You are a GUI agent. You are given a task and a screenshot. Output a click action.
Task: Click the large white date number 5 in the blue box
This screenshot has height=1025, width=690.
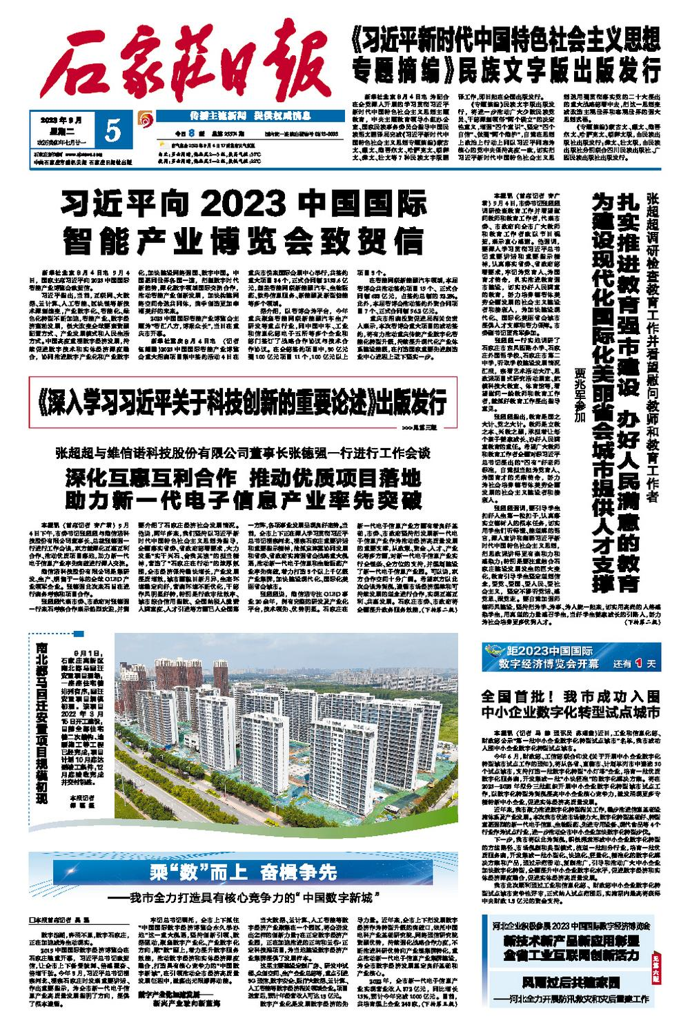[x=114, y=129]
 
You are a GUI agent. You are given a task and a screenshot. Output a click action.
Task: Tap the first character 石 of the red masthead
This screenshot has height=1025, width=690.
[x=77, y=66]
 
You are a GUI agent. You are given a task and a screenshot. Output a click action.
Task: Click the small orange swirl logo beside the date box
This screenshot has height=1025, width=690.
[x=144, y=117]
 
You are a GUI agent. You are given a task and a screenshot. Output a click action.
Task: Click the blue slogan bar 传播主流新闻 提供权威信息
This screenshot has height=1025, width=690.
[x=218, y=117]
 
